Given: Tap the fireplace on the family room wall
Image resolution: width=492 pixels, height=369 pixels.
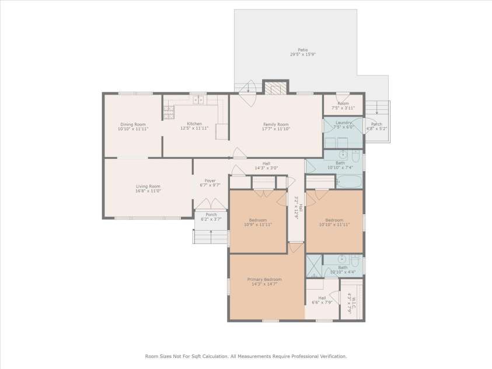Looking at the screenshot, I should (x=275, y=88).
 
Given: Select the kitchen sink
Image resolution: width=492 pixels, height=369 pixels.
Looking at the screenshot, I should (x=198, y=100).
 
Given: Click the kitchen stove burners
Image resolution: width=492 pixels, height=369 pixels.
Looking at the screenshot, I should (x=169, y=109).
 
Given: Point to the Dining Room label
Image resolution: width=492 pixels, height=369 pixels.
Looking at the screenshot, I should (x=133, y=124).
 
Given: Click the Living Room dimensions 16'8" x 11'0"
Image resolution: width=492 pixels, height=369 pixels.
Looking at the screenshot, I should (x=148, y=190).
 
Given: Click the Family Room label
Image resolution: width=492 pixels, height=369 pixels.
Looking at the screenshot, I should (x=276, y=124).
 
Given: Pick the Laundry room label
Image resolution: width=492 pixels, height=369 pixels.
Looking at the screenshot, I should (x=343, y=123).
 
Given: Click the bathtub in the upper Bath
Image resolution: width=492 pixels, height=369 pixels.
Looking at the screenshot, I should (x=349, y=182).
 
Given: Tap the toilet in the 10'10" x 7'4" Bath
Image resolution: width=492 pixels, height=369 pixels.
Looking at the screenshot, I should (x=344, y=156).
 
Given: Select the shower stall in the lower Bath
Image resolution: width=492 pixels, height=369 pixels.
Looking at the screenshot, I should (x=315, y=266).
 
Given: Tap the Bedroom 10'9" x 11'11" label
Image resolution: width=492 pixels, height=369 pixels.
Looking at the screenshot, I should (x=257, y=220).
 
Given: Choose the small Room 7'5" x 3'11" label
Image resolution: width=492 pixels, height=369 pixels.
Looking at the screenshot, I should (x=343, y=103).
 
